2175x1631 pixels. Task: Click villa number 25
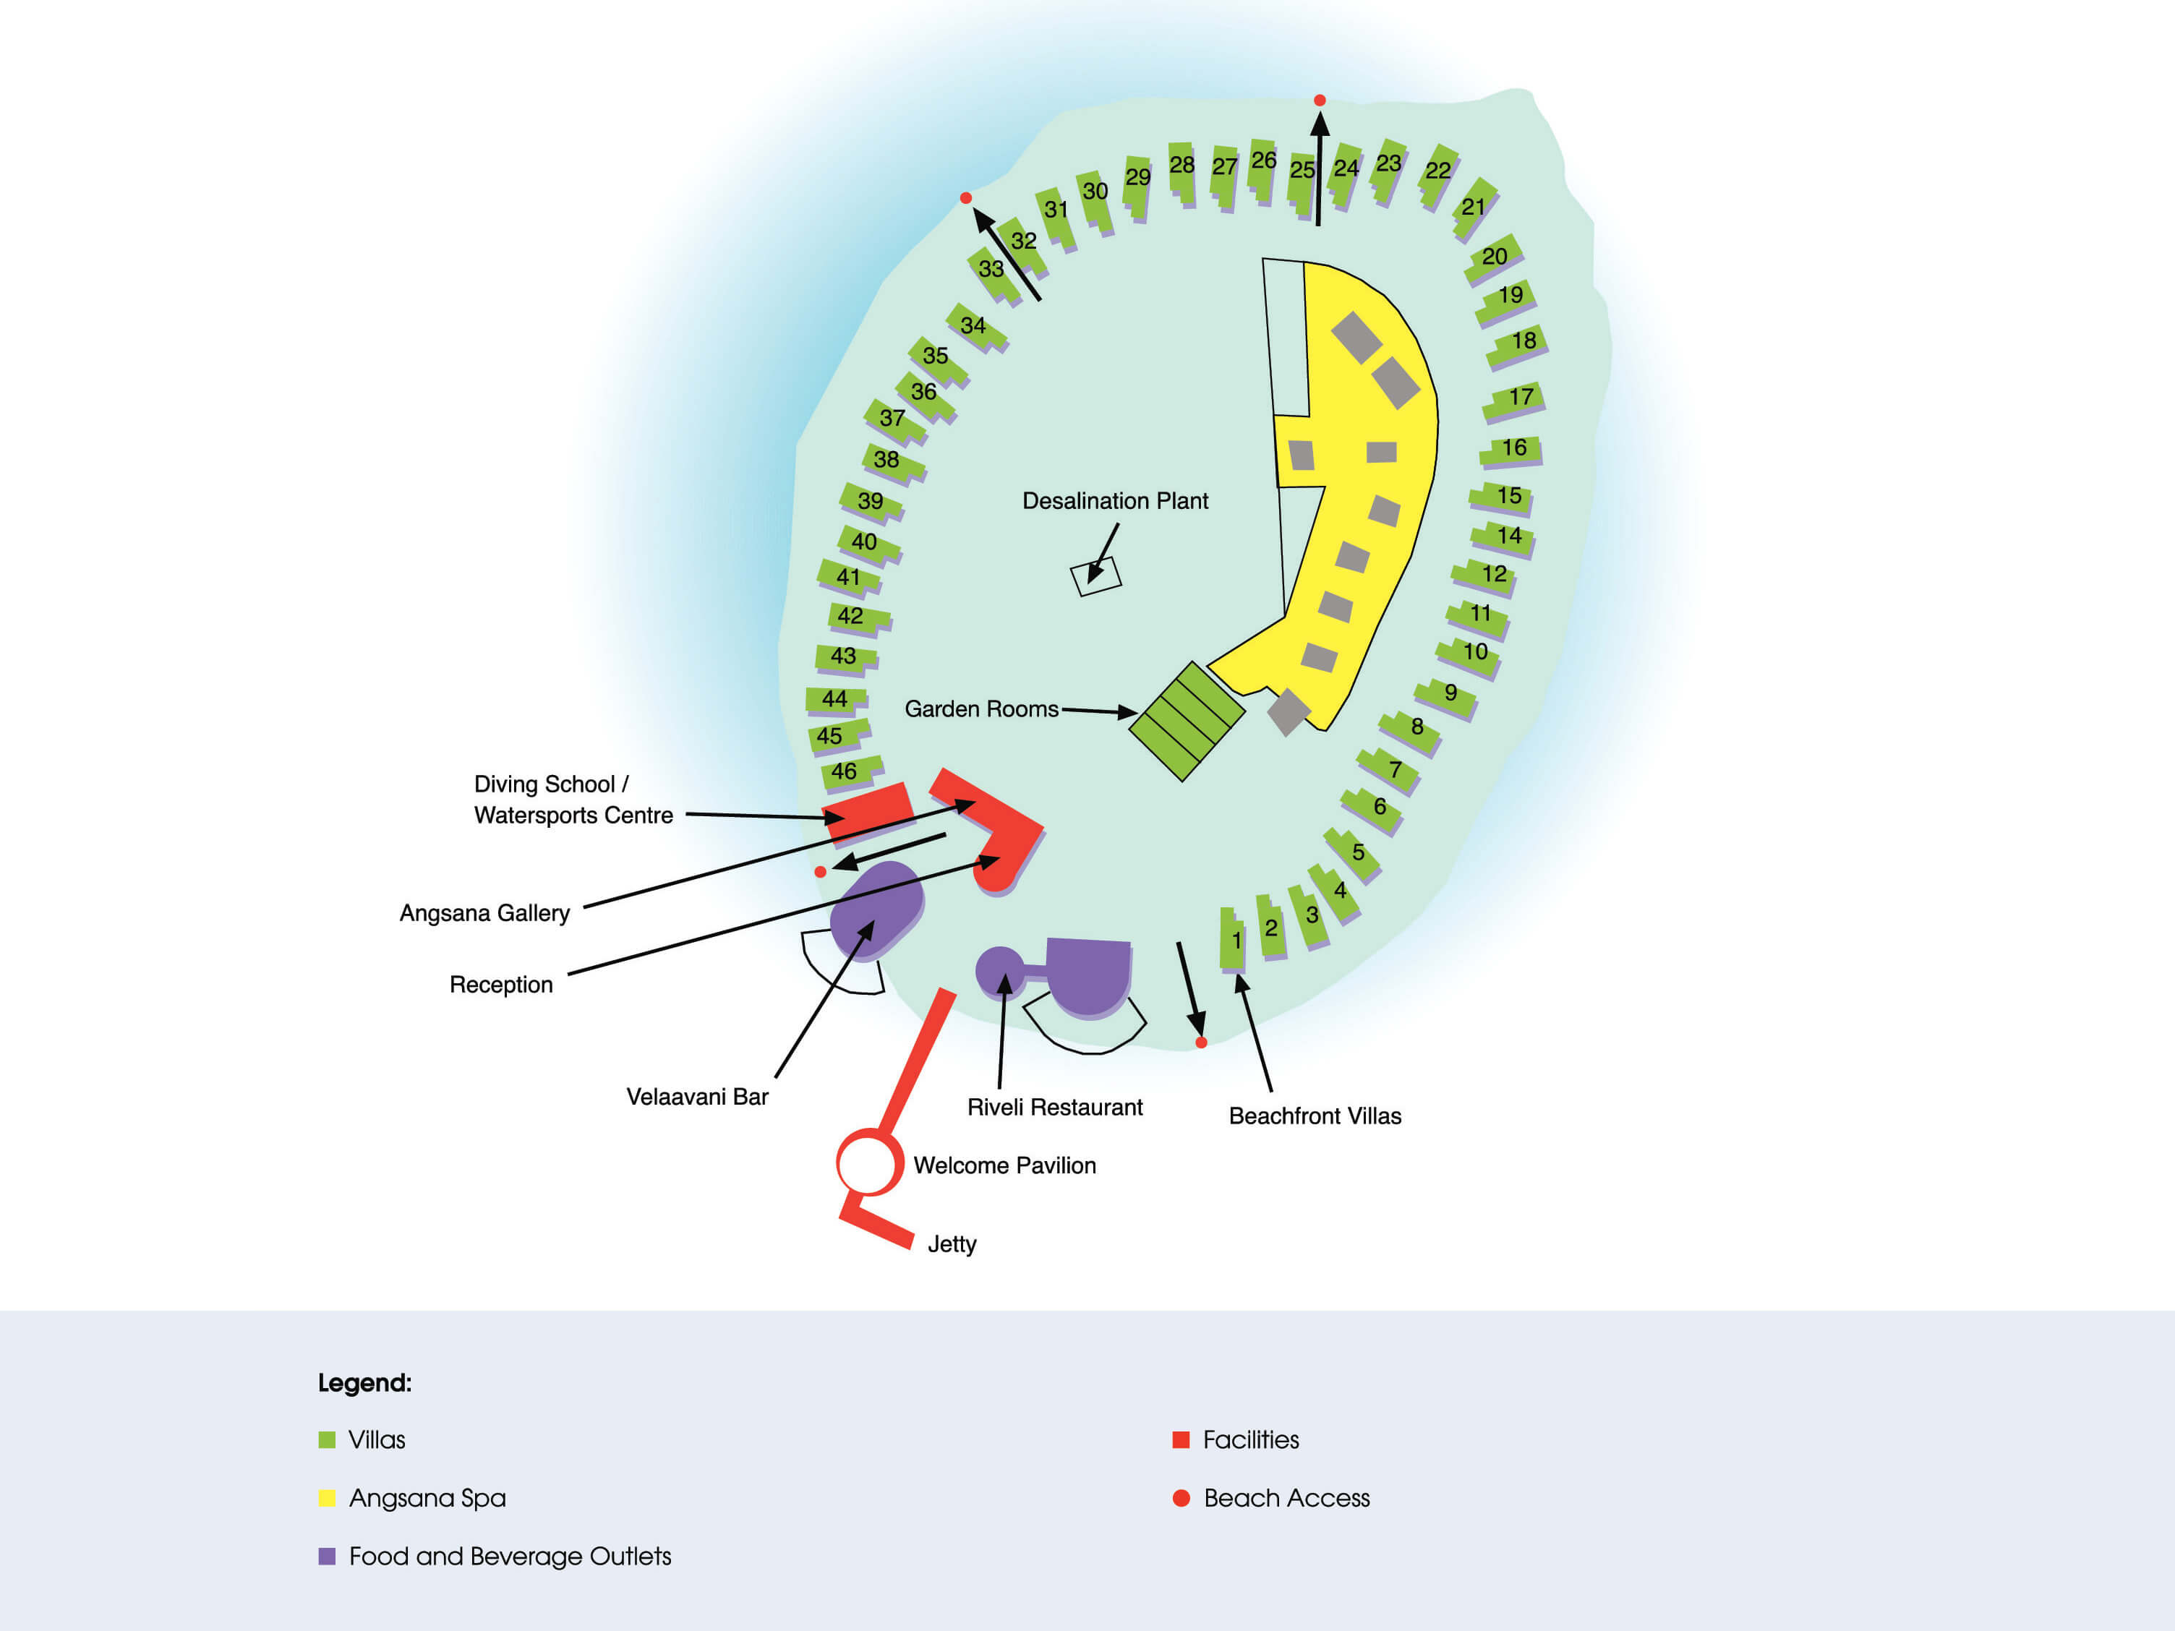click(1302, 182)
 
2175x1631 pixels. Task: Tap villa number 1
click(1232, 940)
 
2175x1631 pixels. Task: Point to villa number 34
click(975, 326)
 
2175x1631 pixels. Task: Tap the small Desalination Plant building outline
click(1095, 576)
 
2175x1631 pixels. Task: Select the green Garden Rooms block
click(1187, 721)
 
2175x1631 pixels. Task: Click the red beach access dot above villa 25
click(1320, 100)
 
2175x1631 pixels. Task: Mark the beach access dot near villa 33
click(965, 197)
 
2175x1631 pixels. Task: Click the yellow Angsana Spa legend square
click(328, 1498)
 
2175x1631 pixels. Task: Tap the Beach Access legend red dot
click(1181, 1498)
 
